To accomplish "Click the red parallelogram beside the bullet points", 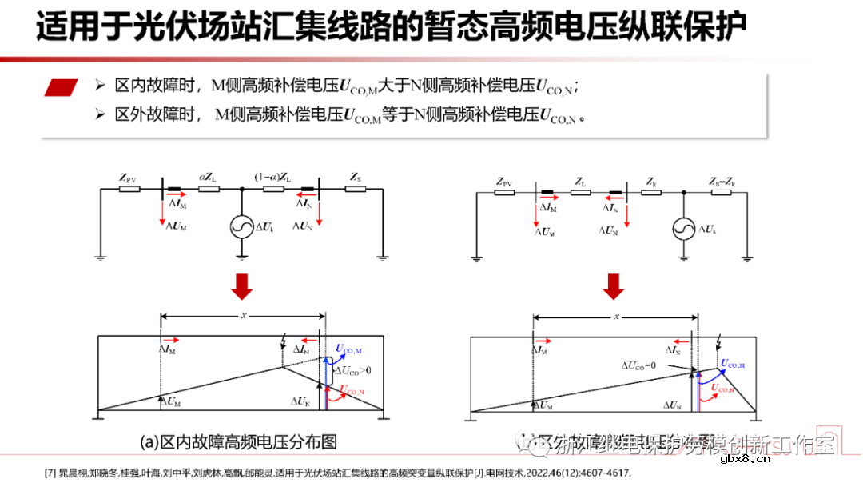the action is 62,87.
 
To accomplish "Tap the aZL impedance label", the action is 208,177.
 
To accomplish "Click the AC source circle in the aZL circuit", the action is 241,228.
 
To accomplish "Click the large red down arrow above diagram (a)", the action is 241,286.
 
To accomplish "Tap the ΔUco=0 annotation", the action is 639,365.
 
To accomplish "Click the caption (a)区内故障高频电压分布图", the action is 238,441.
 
